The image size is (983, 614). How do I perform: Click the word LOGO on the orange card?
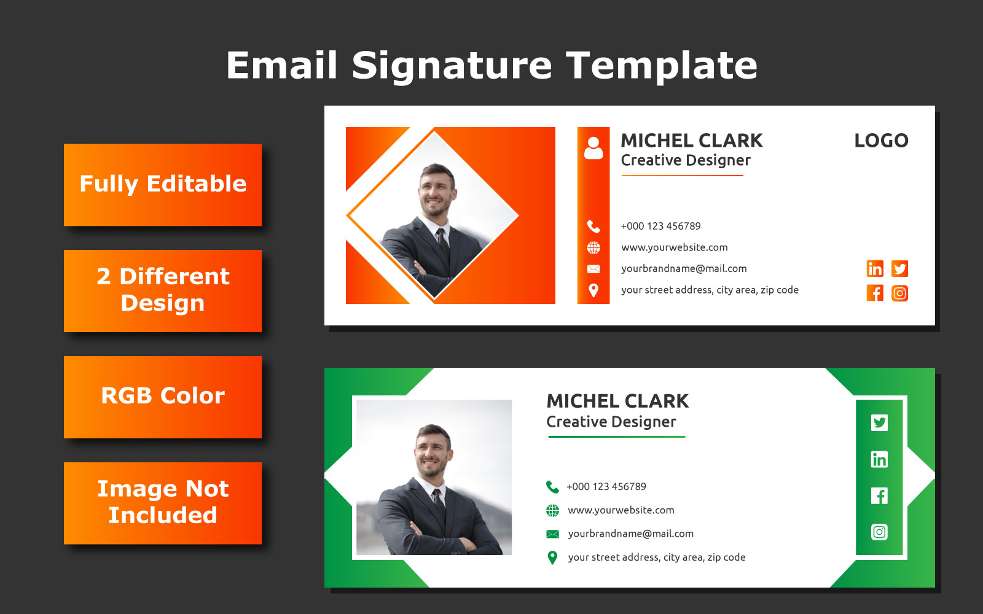881,141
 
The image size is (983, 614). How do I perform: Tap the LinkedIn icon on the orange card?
875,268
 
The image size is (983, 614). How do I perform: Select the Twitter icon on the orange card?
899,268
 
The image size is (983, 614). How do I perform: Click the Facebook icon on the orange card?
875,293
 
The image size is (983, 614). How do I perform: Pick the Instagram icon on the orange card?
899,293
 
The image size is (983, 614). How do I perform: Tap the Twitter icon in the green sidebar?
879,423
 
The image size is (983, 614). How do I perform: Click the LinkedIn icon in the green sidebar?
879,459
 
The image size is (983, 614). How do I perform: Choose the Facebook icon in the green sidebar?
879,495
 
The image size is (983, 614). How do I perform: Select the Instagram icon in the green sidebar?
879,532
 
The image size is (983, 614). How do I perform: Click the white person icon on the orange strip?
593,148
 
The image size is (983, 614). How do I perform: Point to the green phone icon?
552,487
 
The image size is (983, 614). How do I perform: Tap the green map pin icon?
552,558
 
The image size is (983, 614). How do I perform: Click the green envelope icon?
552,534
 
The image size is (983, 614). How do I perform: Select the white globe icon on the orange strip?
593,248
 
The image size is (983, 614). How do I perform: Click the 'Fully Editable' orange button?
163,185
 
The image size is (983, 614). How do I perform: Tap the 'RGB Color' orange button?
163,397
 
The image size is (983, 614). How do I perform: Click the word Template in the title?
662,66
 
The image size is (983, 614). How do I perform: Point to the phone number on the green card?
606,486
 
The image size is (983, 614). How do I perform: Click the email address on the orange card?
684,268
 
